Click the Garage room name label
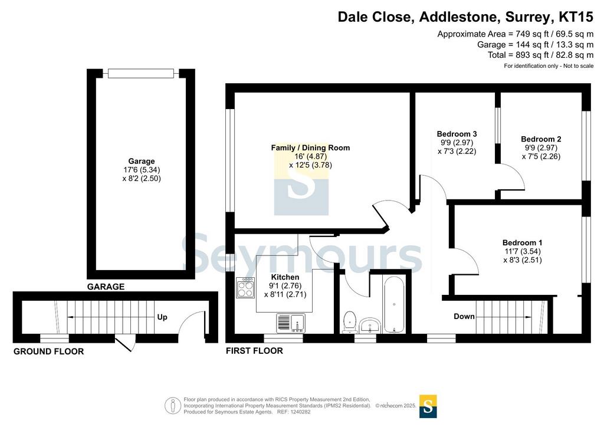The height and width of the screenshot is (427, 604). pyautogui.click(x=142, y=161)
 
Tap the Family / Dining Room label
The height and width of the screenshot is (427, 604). pyautogui.click(x=310, y=147)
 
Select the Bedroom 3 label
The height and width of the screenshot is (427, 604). pyautogui.click(x=457, y=134)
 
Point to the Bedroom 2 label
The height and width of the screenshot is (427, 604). pyautogui.click(x=541, y=139)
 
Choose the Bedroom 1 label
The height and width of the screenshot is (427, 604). pyautogui.click(x=523, y=242)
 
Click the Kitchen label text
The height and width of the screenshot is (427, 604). pyautogui.click(x=285, y=277)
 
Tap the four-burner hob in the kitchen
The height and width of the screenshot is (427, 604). pyautogui.click(x=245, y=288)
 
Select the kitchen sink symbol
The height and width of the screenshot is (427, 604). pyautogui.click(x=291, y=323)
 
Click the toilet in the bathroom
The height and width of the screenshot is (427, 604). pyautogui.click(x=349, y=322)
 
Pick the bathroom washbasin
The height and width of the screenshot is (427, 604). pyautogui.click(x=370, y=326)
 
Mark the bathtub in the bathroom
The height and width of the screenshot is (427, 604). pyautogui.click(x=393, y=304)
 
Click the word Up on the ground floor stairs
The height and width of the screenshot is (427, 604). pyautogui.click(x=162, y=317)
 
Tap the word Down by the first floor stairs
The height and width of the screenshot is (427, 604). pyautogui.click(x=464, y=316)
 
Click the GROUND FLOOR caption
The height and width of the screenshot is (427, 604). pyautogui.click(x=48, y=351)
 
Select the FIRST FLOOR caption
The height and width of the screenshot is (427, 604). pyautogui.click(x=254, y=351)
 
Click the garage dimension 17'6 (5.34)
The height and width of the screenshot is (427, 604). pyautogui.click(x=142, y=170)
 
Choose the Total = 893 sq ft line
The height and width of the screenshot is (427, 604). pyautogui.click(x=540, y=55)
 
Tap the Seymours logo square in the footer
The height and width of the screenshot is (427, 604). pyautogui.click(x=428, y=406)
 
